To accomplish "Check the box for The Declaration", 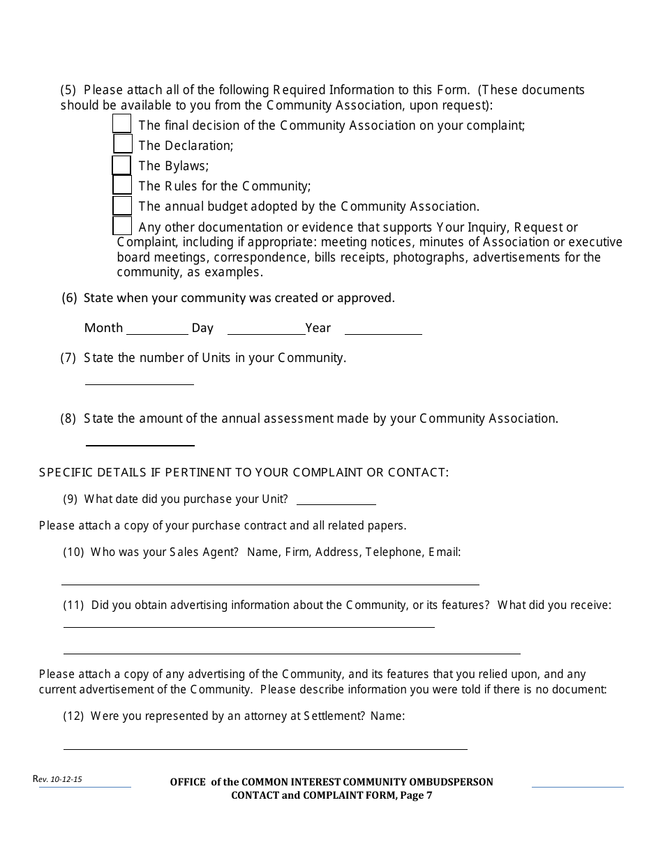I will tap(123, 144).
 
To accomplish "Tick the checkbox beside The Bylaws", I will tap(121, 165).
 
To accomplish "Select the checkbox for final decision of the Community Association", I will tap(121, 123).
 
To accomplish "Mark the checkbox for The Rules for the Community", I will tap(122, 185).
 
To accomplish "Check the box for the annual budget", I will tap(122, 206).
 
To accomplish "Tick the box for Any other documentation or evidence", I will tap(122, 226).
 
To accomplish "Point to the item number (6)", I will tap(69, 298).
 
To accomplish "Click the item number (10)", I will tap(73, 552).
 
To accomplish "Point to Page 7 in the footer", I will tap(417, 795).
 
